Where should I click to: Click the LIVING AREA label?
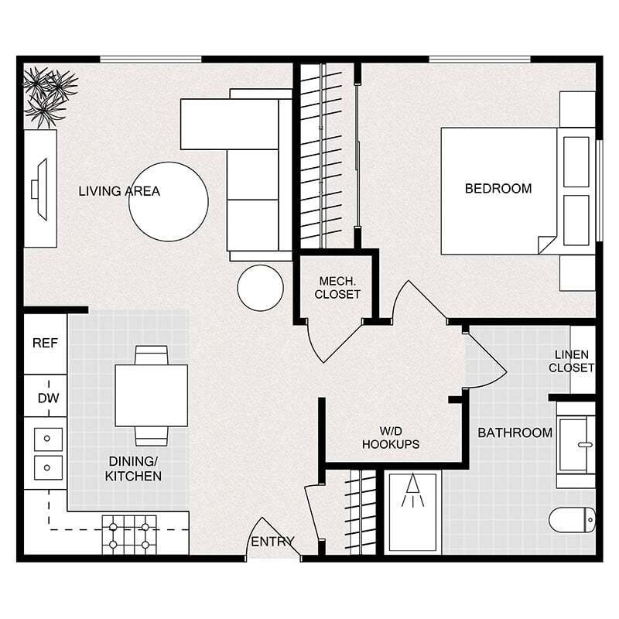tap(119, 191)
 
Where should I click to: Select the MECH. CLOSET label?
tap(338, 287)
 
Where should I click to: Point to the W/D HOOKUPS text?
tap(391, 437)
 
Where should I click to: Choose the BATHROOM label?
tap(515, 433)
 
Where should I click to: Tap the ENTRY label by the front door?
tap(272, 542)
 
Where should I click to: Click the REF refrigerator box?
tap(45, 344)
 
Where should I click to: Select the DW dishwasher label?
tap(45, 398)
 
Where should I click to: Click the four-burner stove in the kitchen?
tap(129, 535)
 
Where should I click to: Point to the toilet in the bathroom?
tap(573, 520)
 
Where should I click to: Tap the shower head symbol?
tap(414, 491)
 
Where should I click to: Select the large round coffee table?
tap(168, 201)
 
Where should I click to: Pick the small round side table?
tap(260, 288)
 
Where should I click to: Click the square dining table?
tap(152, 395)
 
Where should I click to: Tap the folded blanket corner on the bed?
tap(548, 244)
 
